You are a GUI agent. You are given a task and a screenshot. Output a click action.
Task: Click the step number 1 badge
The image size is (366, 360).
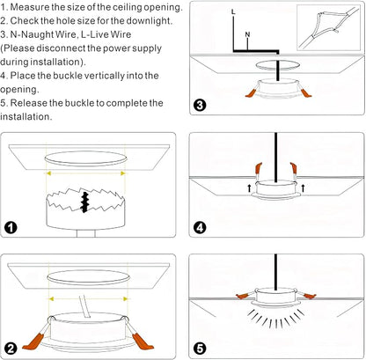[11, 227]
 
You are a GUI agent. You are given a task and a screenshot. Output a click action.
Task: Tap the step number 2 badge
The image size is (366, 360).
[11, 349]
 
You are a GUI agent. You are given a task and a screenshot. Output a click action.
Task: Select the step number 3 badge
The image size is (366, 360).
[200, 105]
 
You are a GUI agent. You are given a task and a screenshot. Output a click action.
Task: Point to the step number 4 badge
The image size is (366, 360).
[200, 227]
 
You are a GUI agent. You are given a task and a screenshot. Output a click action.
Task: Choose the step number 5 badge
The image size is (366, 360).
[200, 349]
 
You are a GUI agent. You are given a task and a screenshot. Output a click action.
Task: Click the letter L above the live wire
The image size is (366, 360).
[233, 12]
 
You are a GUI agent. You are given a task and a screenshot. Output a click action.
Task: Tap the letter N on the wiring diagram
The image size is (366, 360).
[247, 34]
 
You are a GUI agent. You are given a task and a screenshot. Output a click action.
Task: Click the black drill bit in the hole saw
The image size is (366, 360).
[85, 202]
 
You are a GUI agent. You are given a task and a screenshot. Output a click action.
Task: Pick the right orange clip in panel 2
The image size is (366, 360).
[143, 342]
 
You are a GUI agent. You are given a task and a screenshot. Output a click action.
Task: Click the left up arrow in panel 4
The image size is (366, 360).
[249, 187]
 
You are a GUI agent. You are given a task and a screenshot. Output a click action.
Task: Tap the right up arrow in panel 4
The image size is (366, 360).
[303, 187]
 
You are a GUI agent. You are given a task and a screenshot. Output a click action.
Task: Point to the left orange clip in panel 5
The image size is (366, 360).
[243, 296]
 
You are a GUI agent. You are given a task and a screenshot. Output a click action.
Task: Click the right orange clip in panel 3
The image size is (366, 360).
[305, 92]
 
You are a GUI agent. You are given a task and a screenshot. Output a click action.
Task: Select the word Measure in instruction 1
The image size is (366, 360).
[29, 7]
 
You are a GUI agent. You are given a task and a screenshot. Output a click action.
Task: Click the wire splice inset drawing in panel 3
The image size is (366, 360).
[328, 27]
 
